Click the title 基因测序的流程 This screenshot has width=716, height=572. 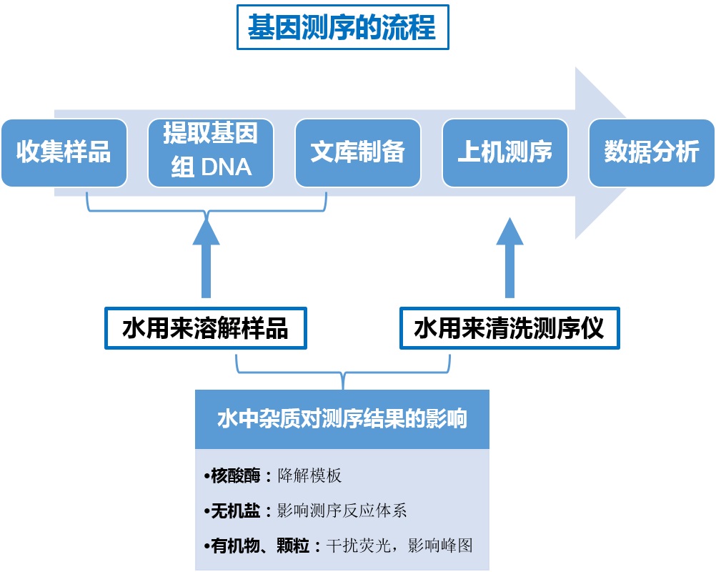(342, 29)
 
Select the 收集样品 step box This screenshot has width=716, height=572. (64, 152)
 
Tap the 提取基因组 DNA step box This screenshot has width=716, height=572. (211, 152)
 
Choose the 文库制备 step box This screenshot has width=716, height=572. (357, 152)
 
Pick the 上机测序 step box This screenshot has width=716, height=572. (504, 152)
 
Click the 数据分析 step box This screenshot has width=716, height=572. (651, 152)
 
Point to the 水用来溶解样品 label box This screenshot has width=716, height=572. (206, 329)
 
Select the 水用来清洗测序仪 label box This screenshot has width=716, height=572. (509, 329)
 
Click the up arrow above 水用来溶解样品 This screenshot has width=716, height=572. (206, 257)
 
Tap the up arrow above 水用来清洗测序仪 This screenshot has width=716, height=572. (509, 257)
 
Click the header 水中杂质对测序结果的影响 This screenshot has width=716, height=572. (342, 419)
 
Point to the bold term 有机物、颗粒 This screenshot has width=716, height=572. (261, 546)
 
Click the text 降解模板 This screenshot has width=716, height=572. (309, 475)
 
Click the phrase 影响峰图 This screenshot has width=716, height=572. (440, 546)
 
